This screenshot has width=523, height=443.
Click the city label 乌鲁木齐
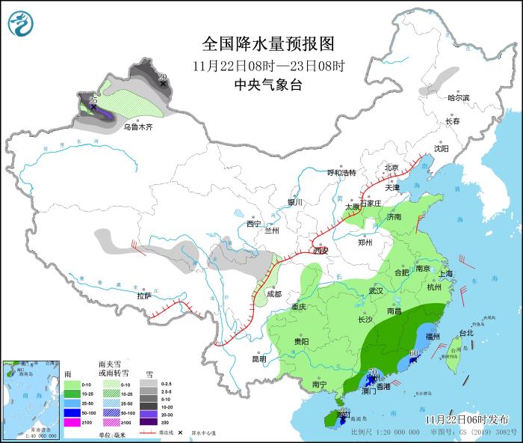click(137, 127)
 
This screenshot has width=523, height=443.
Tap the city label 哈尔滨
click(458, 98)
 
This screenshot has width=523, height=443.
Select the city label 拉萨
click(144, 296)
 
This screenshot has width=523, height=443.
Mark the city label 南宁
click(320, 384)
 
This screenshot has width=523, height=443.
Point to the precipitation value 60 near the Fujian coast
click(413, 353)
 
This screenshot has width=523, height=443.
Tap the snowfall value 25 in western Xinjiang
click(93, 100)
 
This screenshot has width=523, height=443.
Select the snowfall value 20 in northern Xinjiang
click(162, 76)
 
